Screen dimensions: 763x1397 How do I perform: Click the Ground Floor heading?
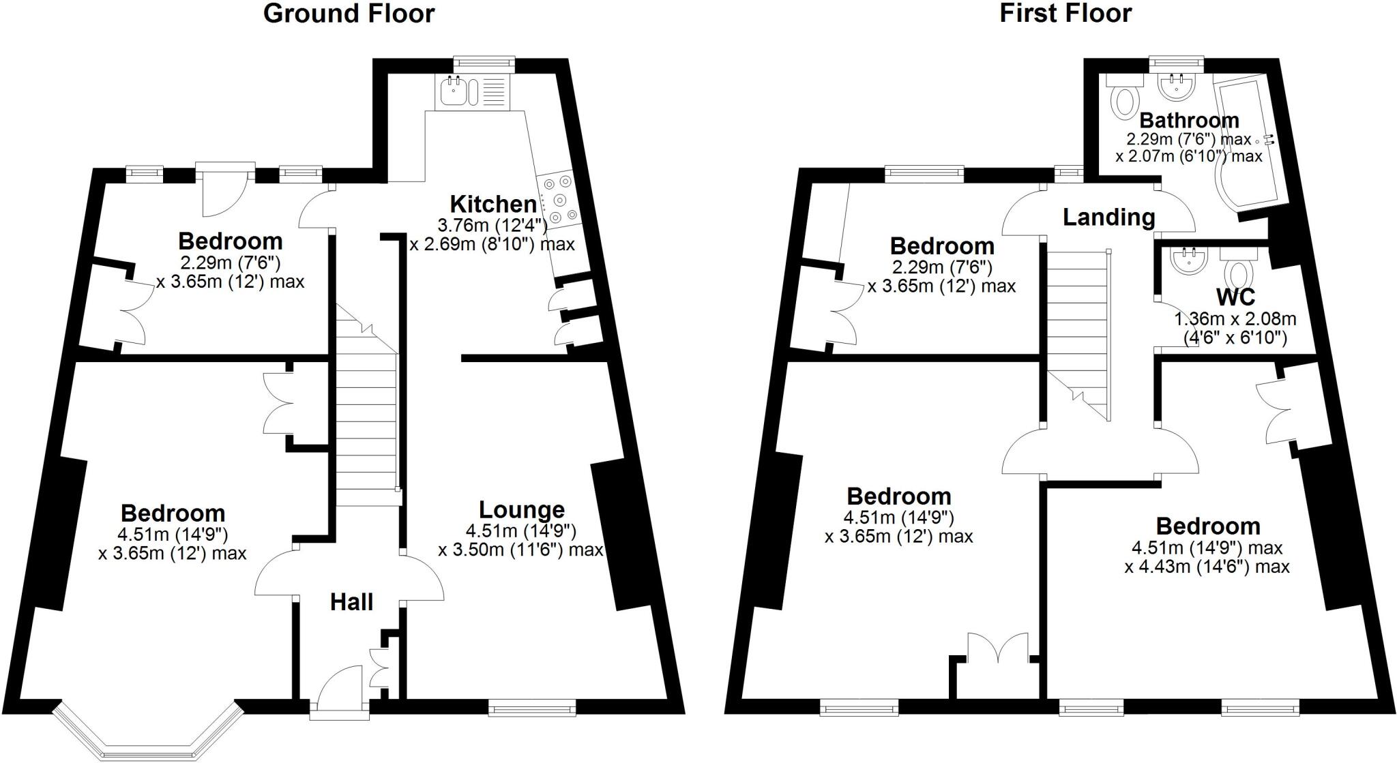[x=349, y=14]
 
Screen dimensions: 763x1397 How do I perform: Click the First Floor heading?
[x=1065, y=14]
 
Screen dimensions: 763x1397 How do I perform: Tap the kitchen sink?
[x=453, y=91]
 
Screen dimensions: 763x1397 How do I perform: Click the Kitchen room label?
[x=493, y=204]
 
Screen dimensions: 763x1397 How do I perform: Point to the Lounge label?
[x=522, y=509]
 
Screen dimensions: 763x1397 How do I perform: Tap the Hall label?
[x=351, y=602]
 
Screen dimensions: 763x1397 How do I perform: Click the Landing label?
[x=1108, y=218]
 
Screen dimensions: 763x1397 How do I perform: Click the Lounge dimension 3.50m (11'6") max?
[x=520, y=550]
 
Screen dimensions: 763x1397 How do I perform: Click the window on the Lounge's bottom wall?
[x=532, y=709]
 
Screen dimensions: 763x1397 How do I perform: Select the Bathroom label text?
[x=1189, y=121]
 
